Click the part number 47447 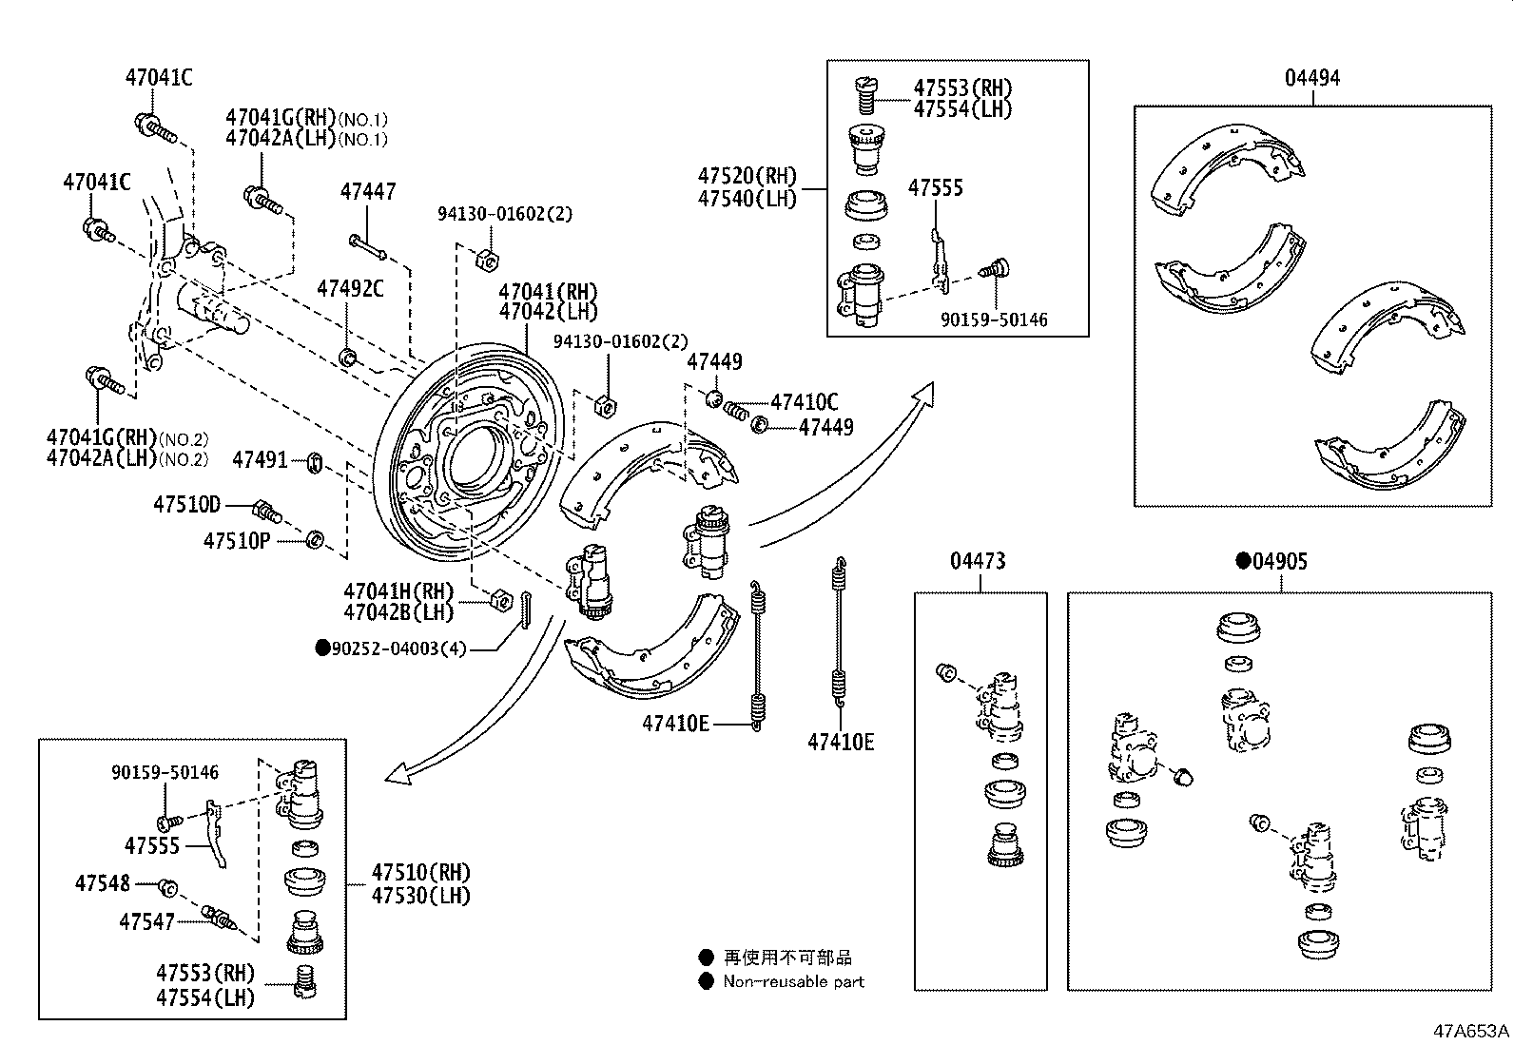368,192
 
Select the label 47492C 350,288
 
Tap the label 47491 260,460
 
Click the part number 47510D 186,504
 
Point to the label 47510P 236,541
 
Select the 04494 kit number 1312,78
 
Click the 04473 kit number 978,562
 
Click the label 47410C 805,402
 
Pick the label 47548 103,884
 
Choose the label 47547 146,920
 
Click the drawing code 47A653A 1471,1031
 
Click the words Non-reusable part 794,981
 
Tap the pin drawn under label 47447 367,246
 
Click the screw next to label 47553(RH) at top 864,94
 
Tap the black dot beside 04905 1242,561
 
